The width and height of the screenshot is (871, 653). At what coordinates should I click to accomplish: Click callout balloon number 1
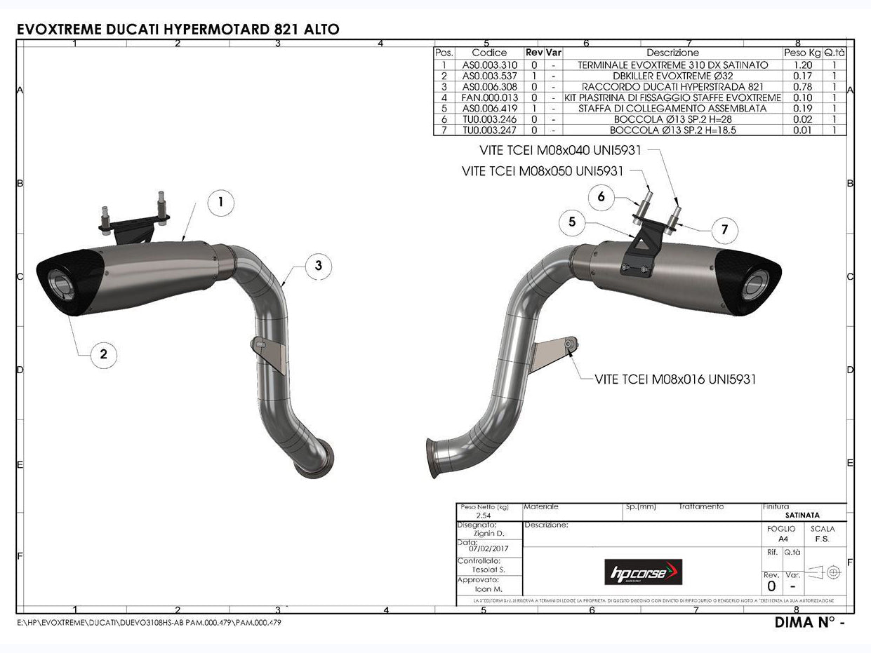click(x=220, y=203)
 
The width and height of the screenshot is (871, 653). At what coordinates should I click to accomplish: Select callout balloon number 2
click(x=103, y=354)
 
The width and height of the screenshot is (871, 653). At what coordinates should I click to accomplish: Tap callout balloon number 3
click(x=319, y=265)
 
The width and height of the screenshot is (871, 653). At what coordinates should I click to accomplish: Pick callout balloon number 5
click(x=572, y=222)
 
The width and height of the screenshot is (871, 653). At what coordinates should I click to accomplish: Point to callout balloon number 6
click(x=601, y=197)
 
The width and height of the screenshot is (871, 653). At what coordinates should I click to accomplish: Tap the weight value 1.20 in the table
click(x=801, y=65)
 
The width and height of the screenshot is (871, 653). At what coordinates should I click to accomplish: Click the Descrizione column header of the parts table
click(x=672, y=53)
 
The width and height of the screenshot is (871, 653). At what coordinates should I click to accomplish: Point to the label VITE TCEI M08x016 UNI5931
click(x=674, y=379)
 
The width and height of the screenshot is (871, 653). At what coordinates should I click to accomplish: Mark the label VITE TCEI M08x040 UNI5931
click(x=560, y=150)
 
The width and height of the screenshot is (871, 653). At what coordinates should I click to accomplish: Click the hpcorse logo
click(x=643, y=572)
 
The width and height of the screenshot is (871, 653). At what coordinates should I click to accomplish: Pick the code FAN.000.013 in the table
click(x=489, y=97)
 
